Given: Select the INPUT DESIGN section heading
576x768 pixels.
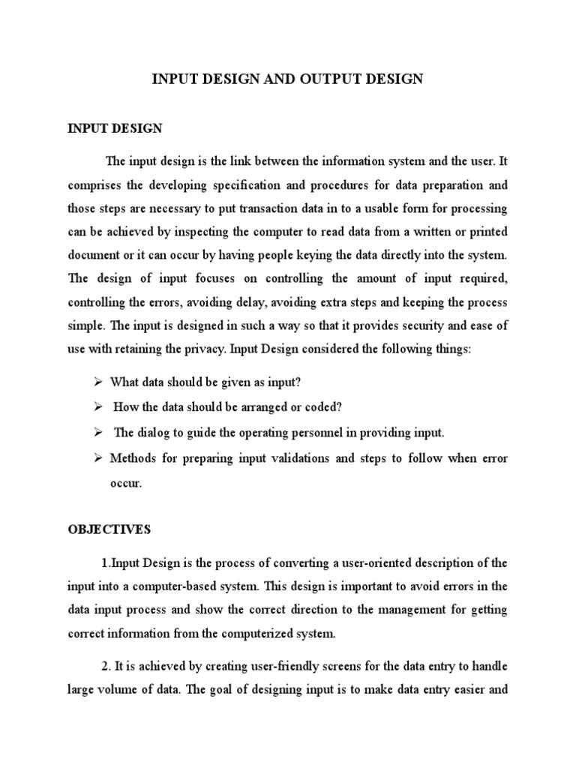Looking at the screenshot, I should (x=115, y=128).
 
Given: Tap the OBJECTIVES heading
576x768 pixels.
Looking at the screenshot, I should (x=109, y=529).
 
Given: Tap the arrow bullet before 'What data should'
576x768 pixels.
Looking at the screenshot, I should (x=97, y=382).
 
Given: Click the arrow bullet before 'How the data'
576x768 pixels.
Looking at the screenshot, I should (x=97, y=407).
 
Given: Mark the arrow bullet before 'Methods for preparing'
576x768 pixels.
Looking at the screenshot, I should (x=97, y=458).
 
